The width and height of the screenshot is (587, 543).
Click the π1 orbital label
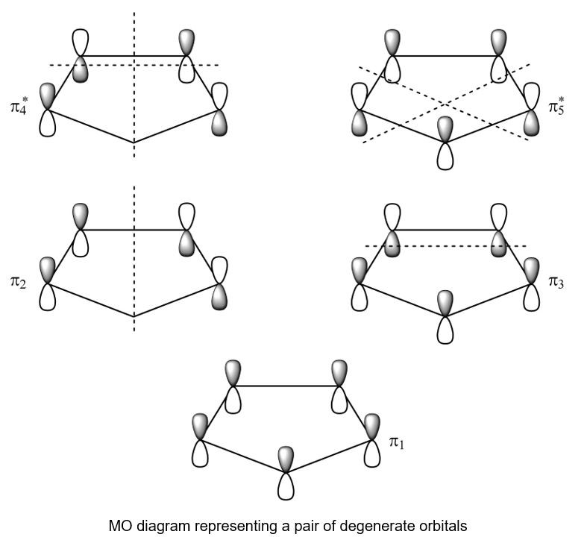[397, 442]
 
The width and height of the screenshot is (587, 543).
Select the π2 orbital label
[18, 282]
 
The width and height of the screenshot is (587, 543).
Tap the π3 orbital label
[556, 282]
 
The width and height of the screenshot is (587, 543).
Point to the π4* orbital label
[19, 107]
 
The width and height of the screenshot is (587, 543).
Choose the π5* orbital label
[556, 107]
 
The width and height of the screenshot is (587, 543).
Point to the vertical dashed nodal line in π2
[134, 258]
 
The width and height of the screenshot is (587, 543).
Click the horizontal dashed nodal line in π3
[445, 246]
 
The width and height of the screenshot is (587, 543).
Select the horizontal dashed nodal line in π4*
[134, 65]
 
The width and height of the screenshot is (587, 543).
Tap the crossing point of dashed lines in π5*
[445, 103]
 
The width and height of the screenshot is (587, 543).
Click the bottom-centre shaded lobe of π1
[286, 459]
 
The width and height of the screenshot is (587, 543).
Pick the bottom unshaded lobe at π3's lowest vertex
[445, 330]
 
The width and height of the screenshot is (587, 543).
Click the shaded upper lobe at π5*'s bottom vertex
[445, 129]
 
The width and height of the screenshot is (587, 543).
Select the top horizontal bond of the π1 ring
[286, 386]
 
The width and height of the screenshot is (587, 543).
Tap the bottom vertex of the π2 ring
[134, 317]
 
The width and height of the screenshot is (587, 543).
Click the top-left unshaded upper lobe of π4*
[80, 43]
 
